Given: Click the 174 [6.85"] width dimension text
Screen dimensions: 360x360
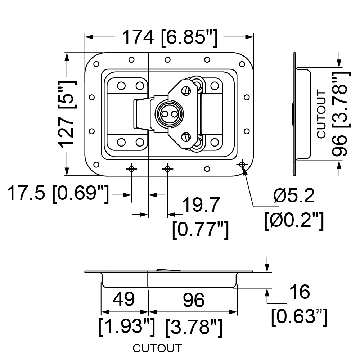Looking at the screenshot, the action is point(170,38).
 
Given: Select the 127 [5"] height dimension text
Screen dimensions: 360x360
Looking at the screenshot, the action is point(67,114).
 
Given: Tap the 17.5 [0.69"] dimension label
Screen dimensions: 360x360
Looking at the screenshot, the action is point(58,194).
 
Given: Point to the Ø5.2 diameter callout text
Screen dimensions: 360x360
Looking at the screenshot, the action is point(294,196).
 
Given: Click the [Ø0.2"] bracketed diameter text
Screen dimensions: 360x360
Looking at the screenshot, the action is point(294,221).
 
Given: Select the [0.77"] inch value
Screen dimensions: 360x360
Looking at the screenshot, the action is point(201,230).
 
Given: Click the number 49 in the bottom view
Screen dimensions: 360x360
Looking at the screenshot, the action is point(124,299).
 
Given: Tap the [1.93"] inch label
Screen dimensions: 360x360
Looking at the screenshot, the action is point(126,327).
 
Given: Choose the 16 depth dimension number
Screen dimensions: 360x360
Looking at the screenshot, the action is point(300,292).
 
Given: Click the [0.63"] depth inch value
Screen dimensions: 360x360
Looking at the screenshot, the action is point(299,317).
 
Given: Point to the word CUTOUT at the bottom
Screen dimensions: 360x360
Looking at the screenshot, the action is point(157,348).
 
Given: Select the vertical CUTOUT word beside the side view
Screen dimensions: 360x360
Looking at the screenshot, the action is point(321,114).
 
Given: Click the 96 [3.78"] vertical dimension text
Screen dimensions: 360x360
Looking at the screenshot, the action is point(341,114).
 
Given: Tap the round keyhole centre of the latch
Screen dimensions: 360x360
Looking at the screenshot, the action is point(170,114).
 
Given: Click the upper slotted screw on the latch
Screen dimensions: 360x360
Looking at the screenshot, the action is point(186,91).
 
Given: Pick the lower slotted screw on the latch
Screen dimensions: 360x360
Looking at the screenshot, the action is point(186,137).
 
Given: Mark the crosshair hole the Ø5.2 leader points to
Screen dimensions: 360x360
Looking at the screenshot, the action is point(242,165).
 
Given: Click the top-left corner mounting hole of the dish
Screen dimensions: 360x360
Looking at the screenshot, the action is point(96,64).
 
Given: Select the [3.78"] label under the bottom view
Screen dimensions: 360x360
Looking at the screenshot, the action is point(194,327).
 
